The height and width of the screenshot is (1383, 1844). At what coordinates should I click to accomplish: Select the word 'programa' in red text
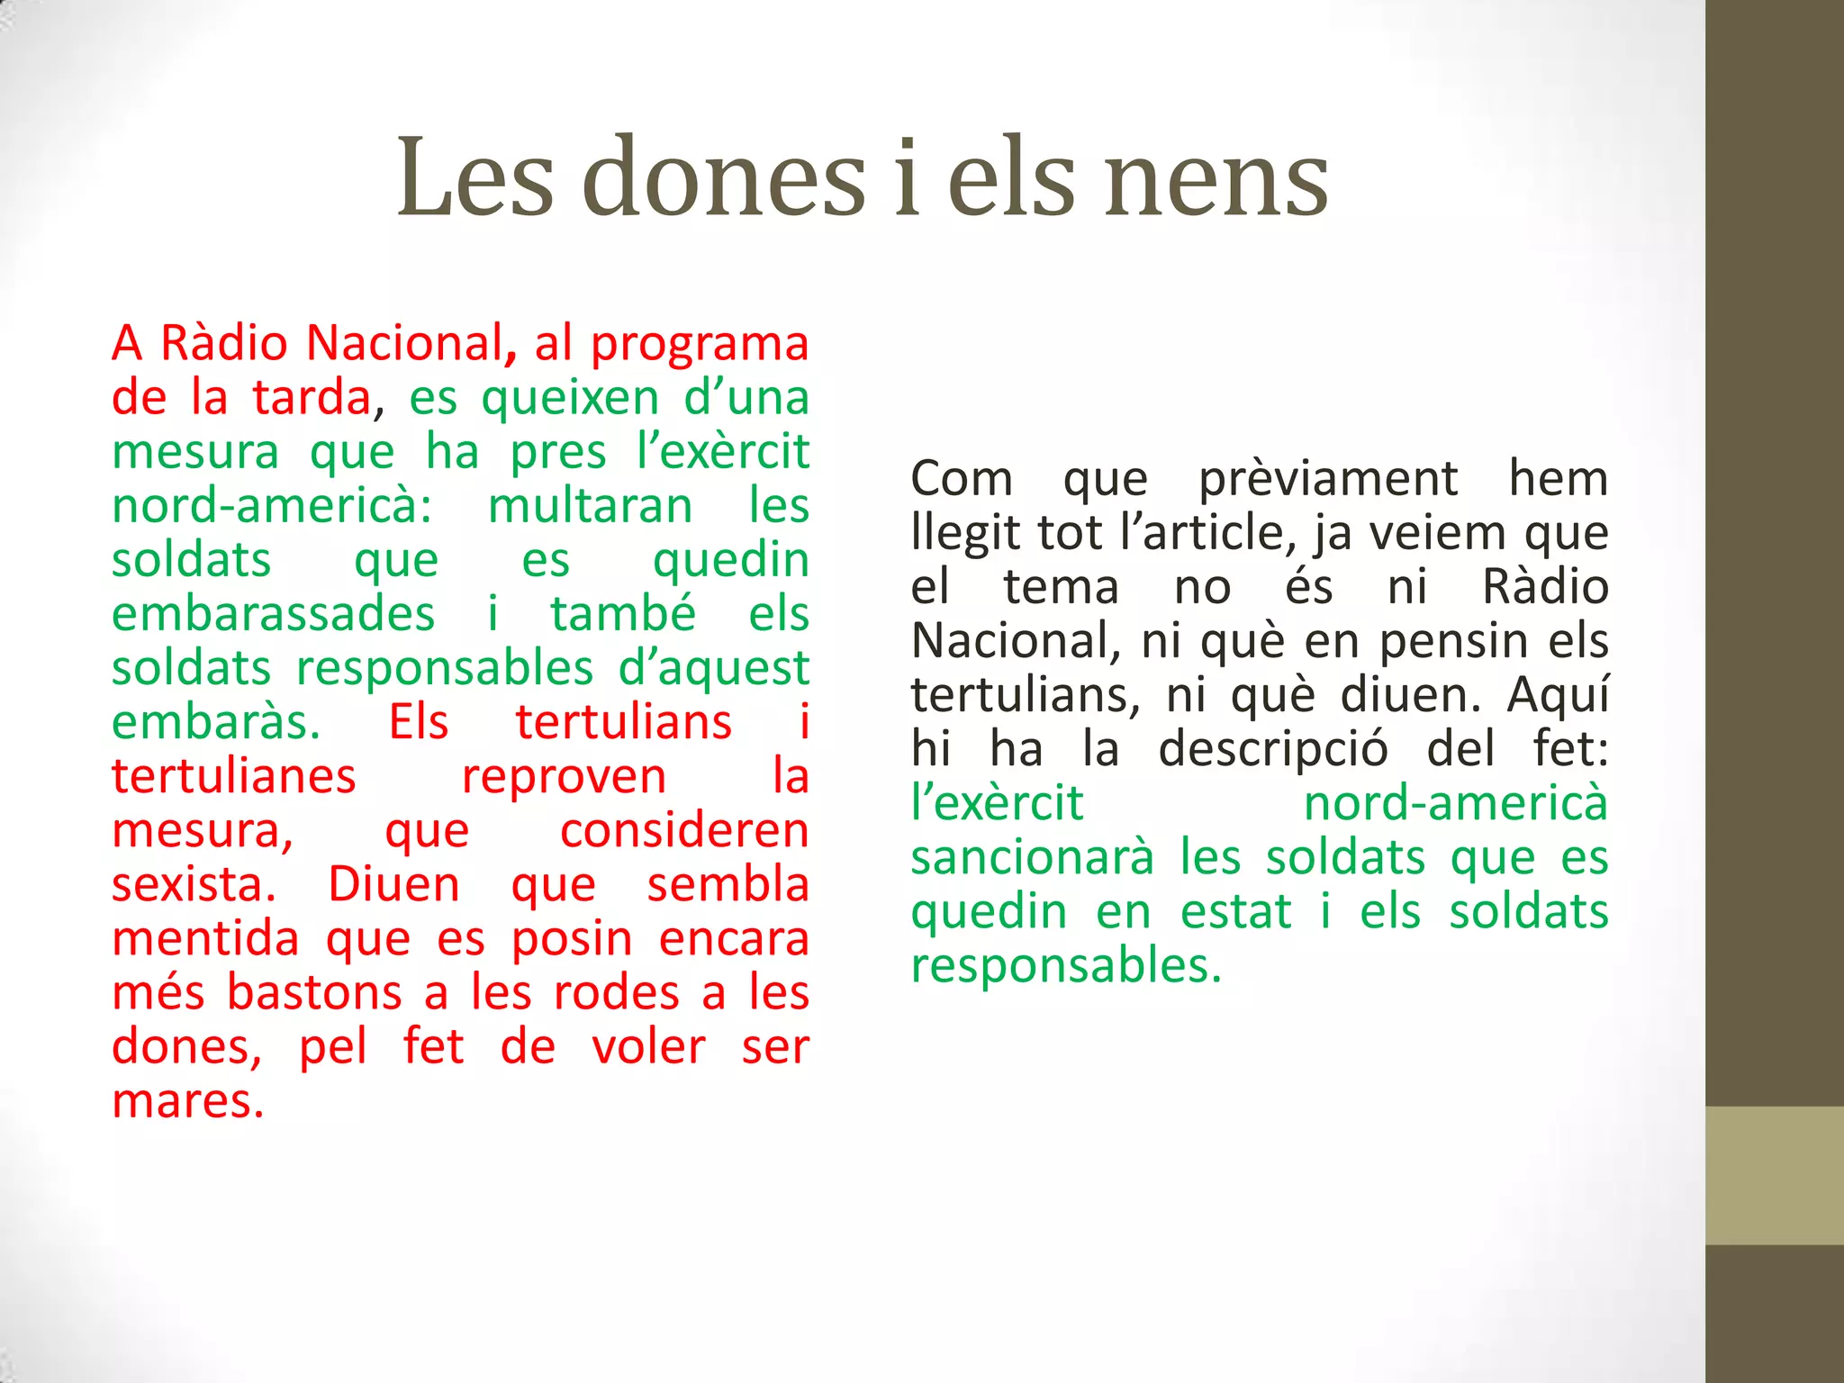(700, 346)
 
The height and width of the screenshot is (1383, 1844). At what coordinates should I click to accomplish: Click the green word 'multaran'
(590, 506)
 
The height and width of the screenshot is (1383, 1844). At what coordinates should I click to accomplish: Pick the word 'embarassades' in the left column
(274, 614)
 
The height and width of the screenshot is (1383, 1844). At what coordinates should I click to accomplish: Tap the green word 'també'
(623, 614)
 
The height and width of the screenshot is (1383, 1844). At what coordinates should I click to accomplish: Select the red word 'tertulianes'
(234, 776)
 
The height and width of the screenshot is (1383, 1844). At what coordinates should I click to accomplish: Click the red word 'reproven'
(565, 778)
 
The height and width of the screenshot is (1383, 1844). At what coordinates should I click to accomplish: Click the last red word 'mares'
(187, 1102)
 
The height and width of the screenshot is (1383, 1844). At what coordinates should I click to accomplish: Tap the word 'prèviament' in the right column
(1328, 480)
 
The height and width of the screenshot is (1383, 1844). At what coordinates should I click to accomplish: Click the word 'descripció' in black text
(1272, 751)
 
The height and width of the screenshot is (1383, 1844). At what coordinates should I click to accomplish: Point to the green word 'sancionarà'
(1032, 857)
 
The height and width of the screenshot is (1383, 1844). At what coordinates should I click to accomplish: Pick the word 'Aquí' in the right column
(1558, 696)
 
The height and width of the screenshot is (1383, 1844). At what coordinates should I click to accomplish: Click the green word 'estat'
(1236, 911)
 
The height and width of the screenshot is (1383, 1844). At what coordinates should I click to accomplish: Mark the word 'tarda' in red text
(312, 398)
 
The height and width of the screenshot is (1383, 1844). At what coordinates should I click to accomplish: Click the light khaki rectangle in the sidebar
(1775, 1175)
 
